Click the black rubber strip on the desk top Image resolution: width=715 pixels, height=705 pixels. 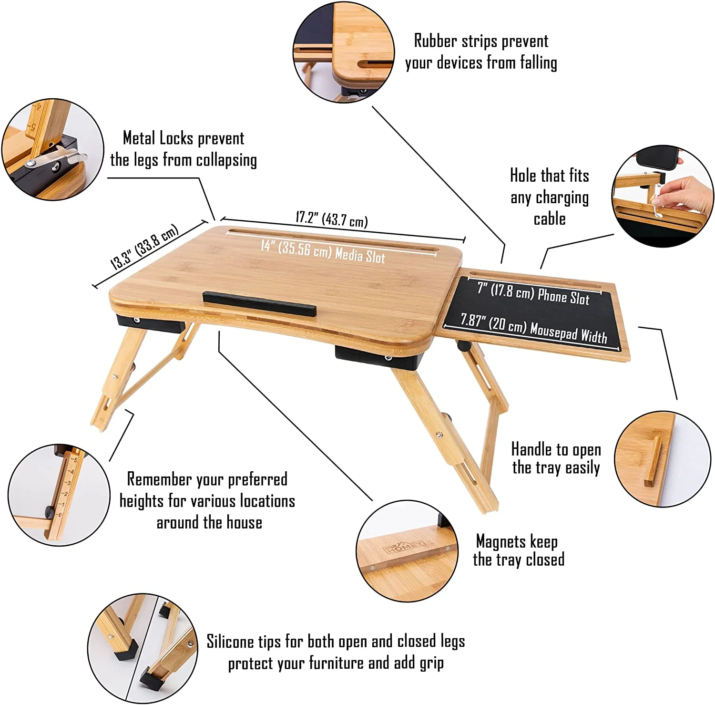(x=259, y=303)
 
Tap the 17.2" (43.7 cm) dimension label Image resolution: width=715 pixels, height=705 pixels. (x=332, y=219)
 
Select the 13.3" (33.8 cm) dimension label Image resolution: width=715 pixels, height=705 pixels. (x=144, y=247)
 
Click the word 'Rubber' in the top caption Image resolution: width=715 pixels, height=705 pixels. (x=435, y=41)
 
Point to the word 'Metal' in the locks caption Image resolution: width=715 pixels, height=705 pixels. (x=139, y=138)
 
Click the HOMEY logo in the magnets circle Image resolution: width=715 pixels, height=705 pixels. (x=406, y=546)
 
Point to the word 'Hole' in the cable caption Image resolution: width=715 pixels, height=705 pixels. (x=523, y=176)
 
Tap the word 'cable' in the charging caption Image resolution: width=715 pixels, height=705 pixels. (x=549, y=219)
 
